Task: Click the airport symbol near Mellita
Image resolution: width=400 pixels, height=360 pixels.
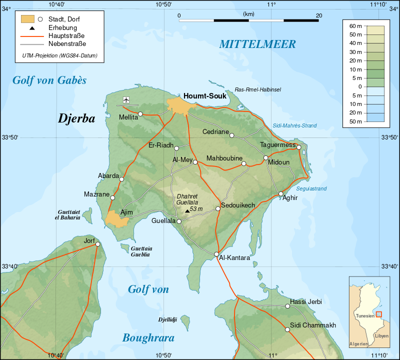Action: point(125,99)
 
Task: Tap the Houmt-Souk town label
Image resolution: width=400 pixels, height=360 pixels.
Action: point(205,95)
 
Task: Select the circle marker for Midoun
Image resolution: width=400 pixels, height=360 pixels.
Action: point(266,158)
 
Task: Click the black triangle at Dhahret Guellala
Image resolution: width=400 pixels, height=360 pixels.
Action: point(187,211)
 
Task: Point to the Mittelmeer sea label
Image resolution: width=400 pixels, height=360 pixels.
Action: point(257,44)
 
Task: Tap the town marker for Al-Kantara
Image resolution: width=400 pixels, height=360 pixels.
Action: point(216,254)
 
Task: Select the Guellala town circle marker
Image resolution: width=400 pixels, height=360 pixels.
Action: point(179,220)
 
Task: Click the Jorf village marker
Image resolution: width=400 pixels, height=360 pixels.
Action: point(98,244)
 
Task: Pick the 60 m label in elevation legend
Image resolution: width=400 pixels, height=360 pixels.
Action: point(355,25)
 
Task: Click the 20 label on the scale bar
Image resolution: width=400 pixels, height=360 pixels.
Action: point(318,15)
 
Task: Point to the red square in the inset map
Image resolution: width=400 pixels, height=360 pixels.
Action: point(378,314)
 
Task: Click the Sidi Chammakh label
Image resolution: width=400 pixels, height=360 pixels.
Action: point(312,325)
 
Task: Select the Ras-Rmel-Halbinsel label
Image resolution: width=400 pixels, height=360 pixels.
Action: point(258,89)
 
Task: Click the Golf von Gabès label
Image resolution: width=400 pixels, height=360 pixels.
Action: point(49,80)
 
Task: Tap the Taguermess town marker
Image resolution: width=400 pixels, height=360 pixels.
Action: point(299,147)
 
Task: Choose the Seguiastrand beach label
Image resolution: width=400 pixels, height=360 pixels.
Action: point(311,188)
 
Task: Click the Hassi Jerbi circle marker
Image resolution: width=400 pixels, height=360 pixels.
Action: point(287,306)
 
